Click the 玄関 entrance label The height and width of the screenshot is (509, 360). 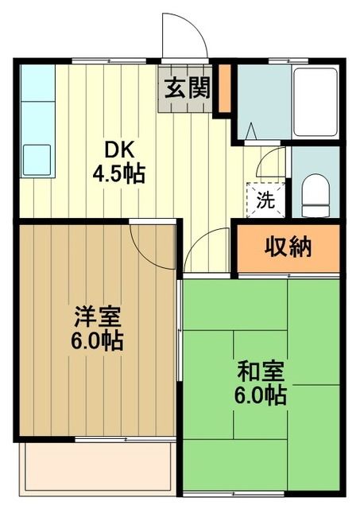click(188, 87)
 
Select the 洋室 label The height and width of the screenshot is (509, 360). click(98, 317)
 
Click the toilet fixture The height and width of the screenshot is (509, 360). click(315, 191)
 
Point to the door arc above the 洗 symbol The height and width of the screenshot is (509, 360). click(272, 163)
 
